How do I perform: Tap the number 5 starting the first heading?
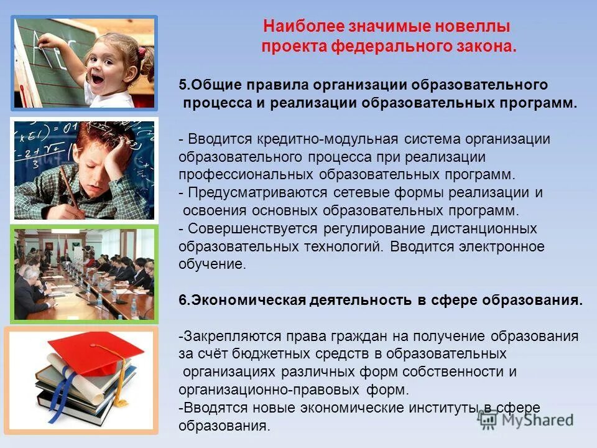(182, 85)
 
